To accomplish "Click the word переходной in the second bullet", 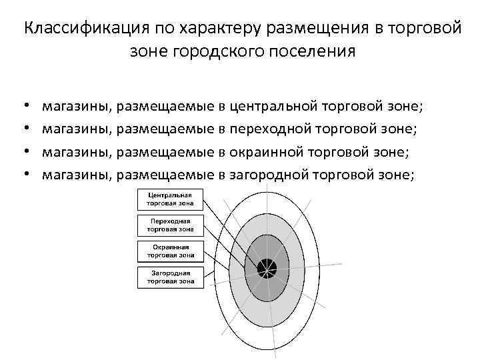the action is tap(270, 129).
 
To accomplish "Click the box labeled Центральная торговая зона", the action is tap(171, 199).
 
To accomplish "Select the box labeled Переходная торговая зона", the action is tap(171, 225).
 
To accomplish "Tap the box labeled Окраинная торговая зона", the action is tap(171, 251).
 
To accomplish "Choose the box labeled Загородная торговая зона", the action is tap(171, 277).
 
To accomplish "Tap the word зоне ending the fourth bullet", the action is tap(398, 175).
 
